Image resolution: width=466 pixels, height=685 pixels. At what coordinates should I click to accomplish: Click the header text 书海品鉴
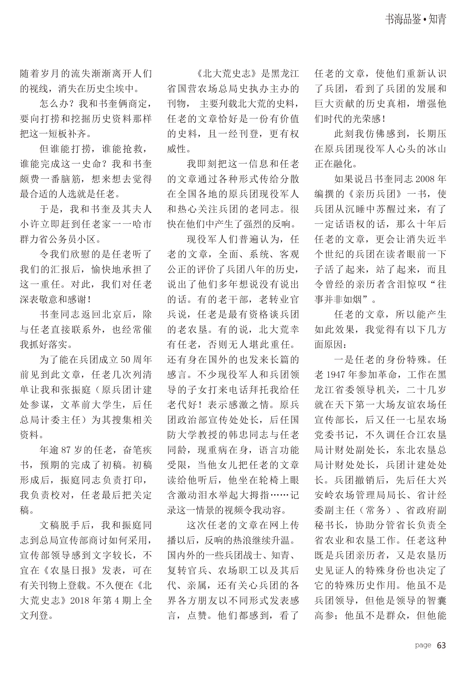coord(403,20)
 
